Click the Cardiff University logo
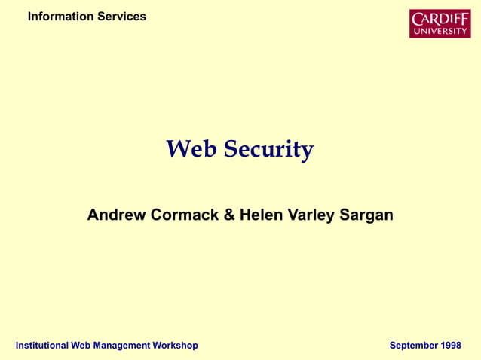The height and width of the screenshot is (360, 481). pyautogui.click(x=440, y=23)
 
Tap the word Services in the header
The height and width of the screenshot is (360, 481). pyautogui.click(x=121, y=17)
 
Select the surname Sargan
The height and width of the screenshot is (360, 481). pyautogui.click(x=366, y=215)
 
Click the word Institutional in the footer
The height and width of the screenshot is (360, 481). pyautogui.click(x=42, y=346)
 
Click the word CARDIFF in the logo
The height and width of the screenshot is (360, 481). pyautogui.click(x=440, y=18)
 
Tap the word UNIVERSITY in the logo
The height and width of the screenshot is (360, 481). pyautogui.click(x=440, y=31)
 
